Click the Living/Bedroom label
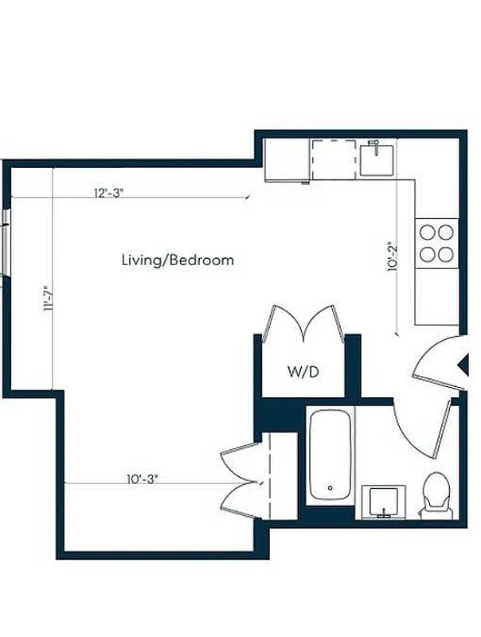(x=178, y=260)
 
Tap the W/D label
(x=304, y=372)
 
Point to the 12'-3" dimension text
(x=109, y=193)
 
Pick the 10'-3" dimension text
(x=143, y=479)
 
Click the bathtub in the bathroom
(x=330, y=455)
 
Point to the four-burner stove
(x=436, y=243)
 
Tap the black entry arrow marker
(x=461, y=365)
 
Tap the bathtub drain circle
(x=330, y=487)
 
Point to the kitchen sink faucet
(x=373, y=145)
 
